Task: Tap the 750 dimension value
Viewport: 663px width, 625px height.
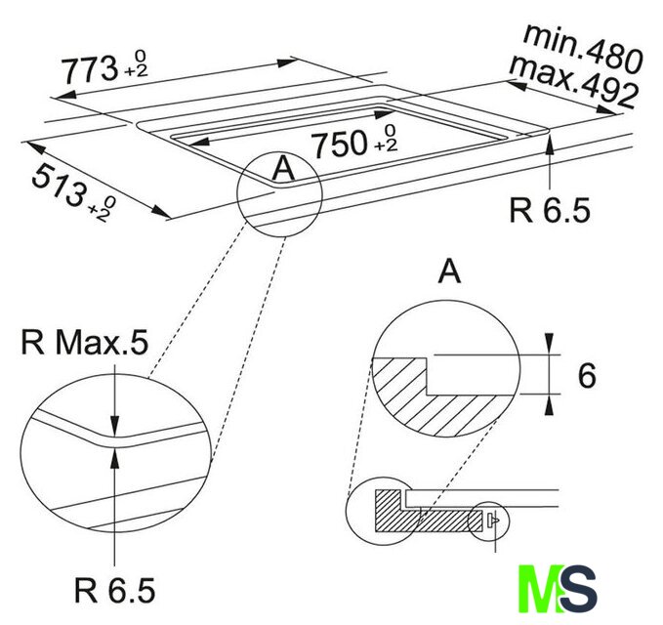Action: (x=339, y=144)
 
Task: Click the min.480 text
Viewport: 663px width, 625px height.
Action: (x=583, y=49)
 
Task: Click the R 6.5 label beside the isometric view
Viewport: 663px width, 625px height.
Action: (x=550, y=210)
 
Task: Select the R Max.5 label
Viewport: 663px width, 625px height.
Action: (x=85, y=342)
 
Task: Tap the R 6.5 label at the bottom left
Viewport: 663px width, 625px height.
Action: (x=114, y=590)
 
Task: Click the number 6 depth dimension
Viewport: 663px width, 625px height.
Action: (x=587, y=376)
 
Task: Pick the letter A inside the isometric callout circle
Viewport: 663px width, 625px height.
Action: (x=283, y=168)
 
